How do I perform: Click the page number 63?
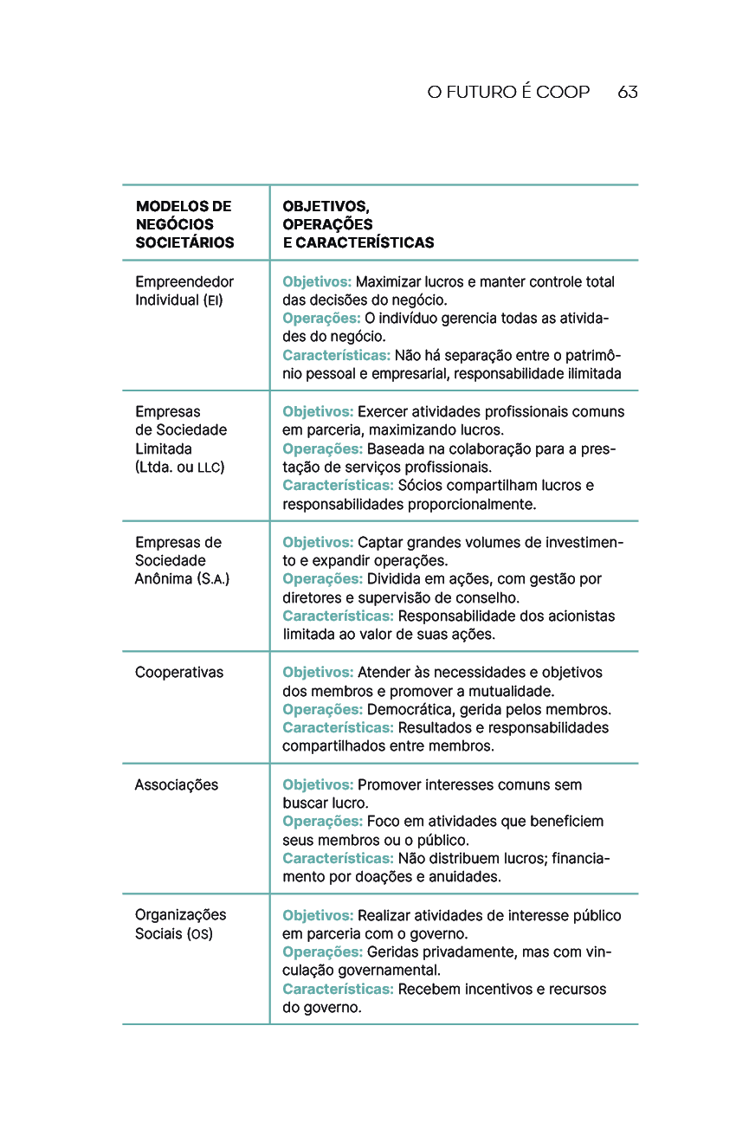[x=628, y=93]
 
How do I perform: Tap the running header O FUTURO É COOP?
[x=508, y=93]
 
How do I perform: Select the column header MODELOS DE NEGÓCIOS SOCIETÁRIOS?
[x=184, y=224]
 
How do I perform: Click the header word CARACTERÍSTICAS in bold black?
[x=365, y=243]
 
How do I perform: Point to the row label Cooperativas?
[x=179, y=673]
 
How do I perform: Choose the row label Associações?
[x=177, y=785]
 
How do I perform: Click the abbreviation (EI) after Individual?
[x=212, y=301]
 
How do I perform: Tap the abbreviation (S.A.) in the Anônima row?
[x=215, y=579]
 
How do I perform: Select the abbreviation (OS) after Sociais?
[x=200, y=934]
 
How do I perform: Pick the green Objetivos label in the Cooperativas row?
[x=318, y=673]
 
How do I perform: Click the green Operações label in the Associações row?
[x=322, y=822]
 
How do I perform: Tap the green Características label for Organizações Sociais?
[x=338, y=990]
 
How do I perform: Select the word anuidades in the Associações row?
[x=466, y=877]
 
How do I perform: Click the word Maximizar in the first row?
[x=389, y=282]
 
